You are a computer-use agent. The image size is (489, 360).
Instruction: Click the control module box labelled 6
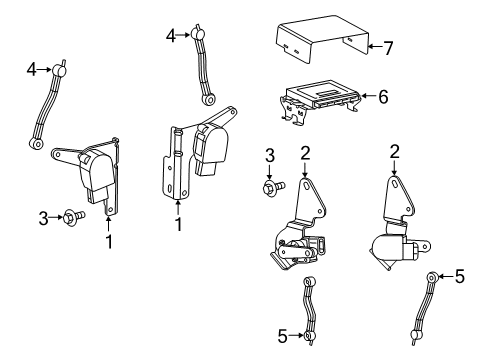[322, 97]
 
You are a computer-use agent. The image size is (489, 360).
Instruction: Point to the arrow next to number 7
[372, 45]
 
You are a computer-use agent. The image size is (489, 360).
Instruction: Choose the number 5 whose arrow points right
[282, 336]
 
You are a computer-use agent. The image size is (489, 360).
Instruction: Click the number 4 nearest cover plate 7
[171, 35]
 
